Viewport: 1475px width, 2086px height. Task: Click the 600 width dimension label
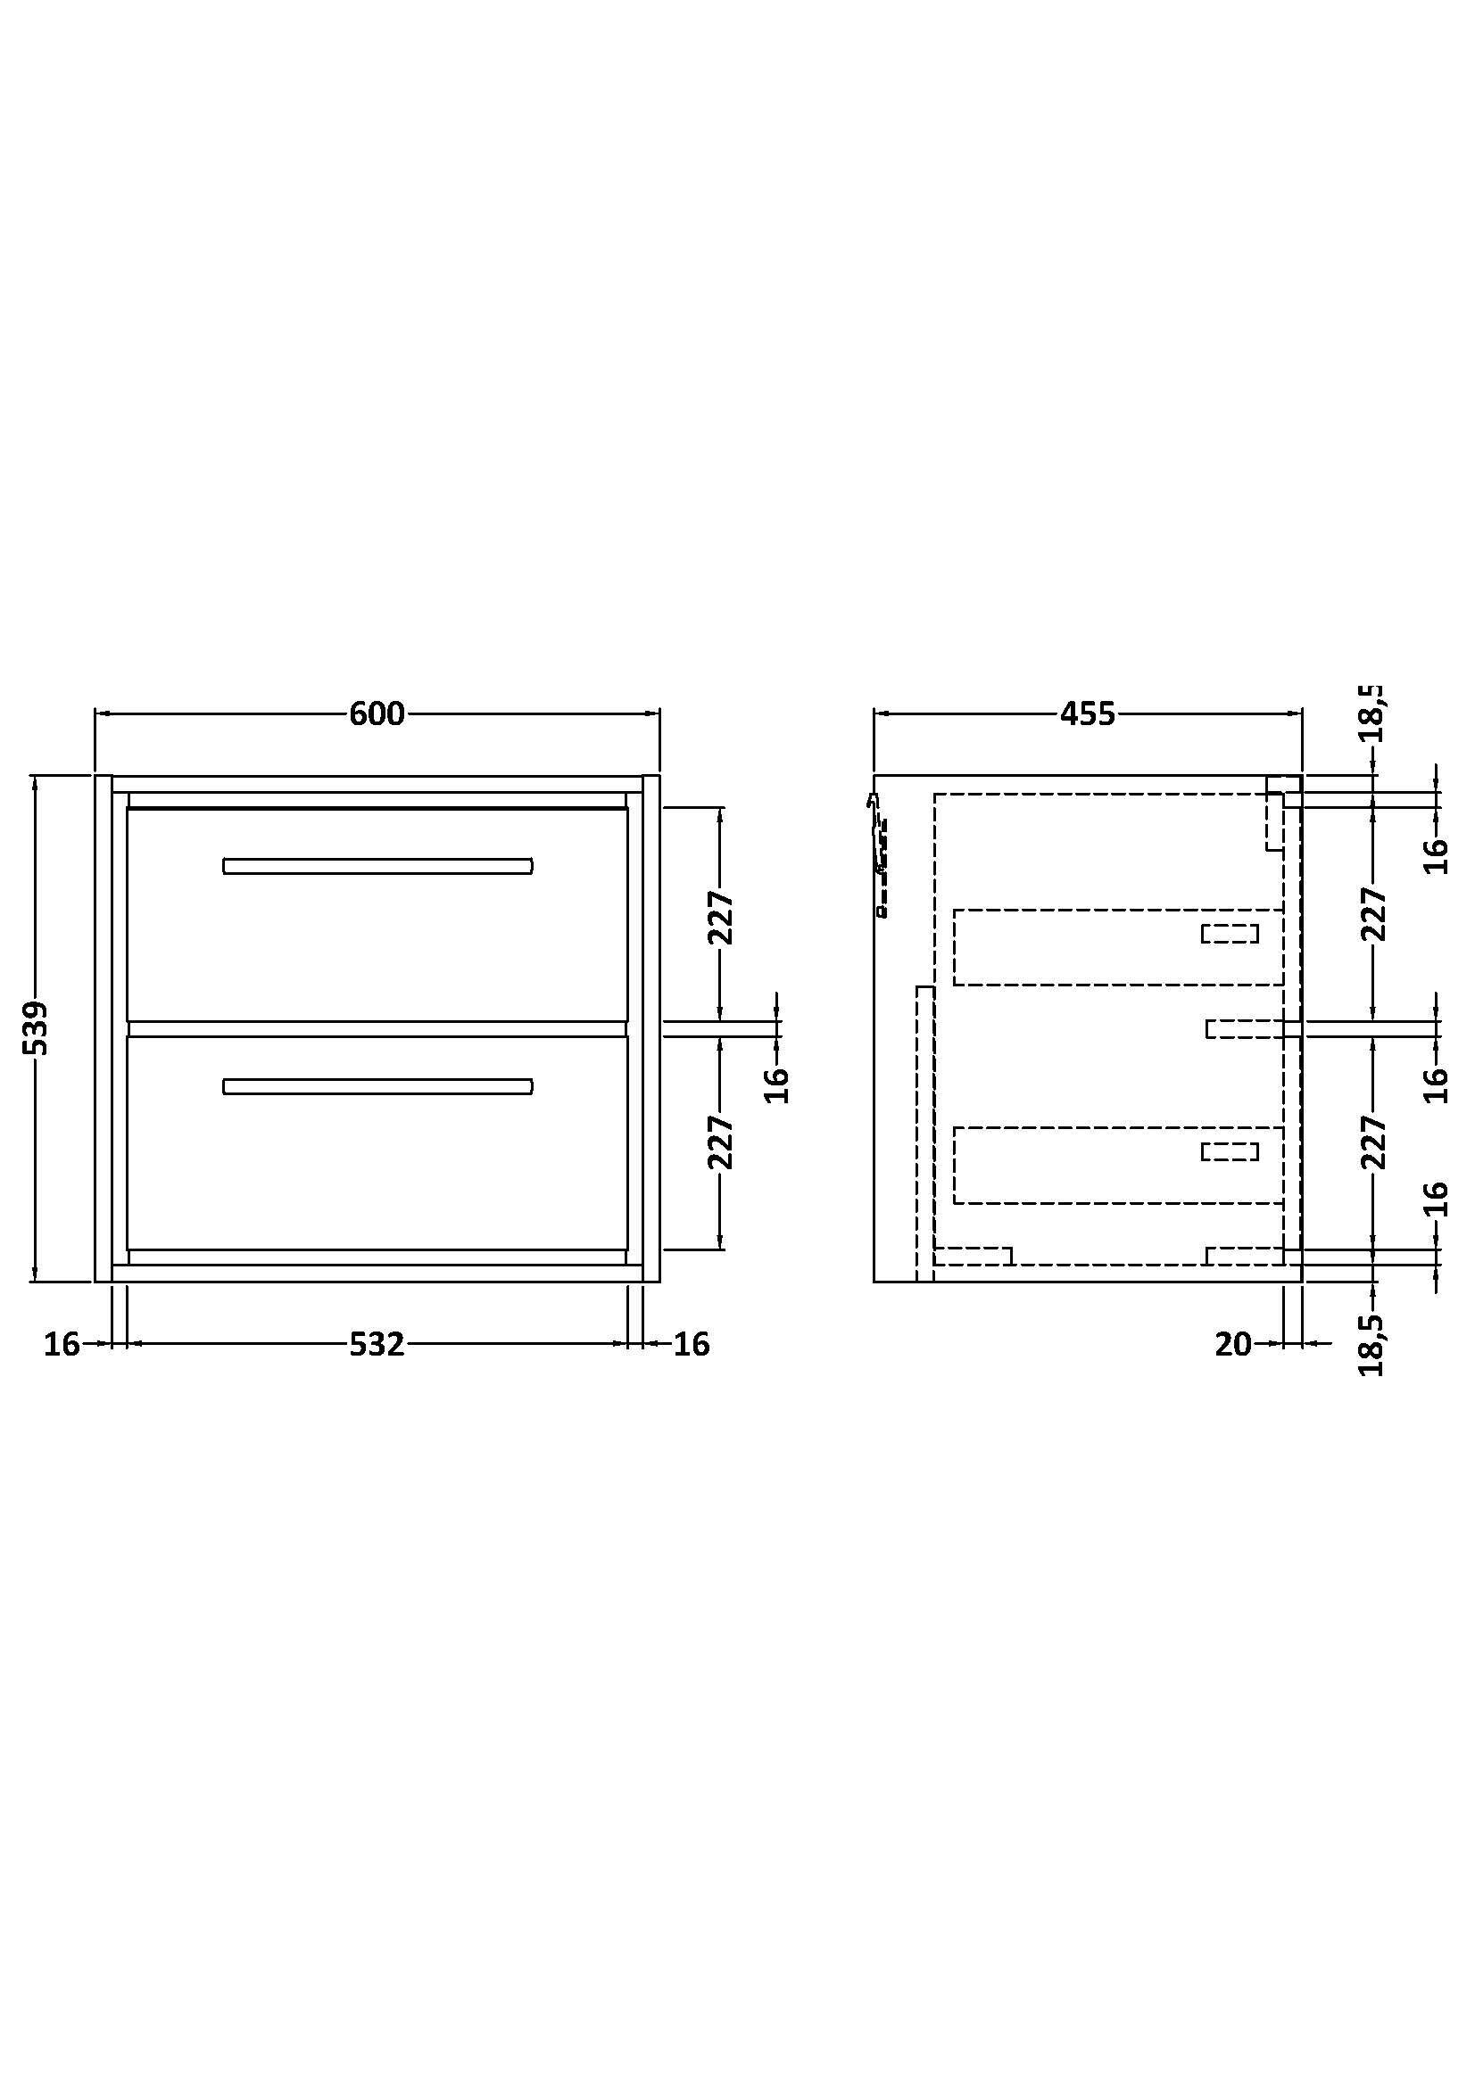(377, 714)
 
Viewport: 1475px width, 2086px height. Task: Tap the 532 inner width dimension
(377, 1344)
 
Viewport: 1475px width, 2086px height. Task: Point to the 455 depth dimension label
(1087, 714)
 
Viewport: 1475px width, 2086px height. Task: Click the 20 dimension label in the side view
(1233, 1344)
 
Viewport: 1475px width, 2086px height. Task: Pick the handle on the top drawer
(377, 866)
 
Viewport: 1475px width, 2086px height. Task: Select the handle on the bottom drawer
(377, 1086)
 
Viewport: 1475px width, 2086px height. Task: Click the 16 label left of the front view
(62, 1344)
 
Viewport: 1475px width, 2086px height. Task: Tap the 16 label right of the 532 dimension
(692, 1344)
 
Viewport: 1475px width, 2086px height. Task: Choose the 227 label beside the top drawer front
(721, 917)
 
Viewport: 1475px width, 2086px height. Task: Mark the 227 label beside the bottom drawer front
(721, 1142)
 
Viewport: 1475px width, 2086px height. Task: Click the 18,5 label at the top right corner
(1373, 714)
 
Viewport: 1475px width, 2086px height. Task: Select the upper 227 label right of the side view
(1373, 914)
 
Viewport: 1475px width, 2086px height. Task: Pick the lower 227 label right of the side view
(1373, 1142)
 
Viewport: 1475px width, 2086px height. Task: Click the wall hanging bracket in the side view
(878, 854)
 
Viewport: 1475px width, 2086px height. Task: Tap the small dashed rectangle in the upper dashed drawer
(1230, 933)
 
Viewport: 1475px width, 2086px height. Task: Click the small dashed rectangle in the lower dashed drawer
(1230, 1152)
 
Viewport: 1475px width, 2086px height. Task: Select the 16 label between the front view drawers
(777, 1084)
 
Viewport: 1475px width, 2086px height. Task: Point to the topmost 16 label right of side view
(1434, 855)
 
